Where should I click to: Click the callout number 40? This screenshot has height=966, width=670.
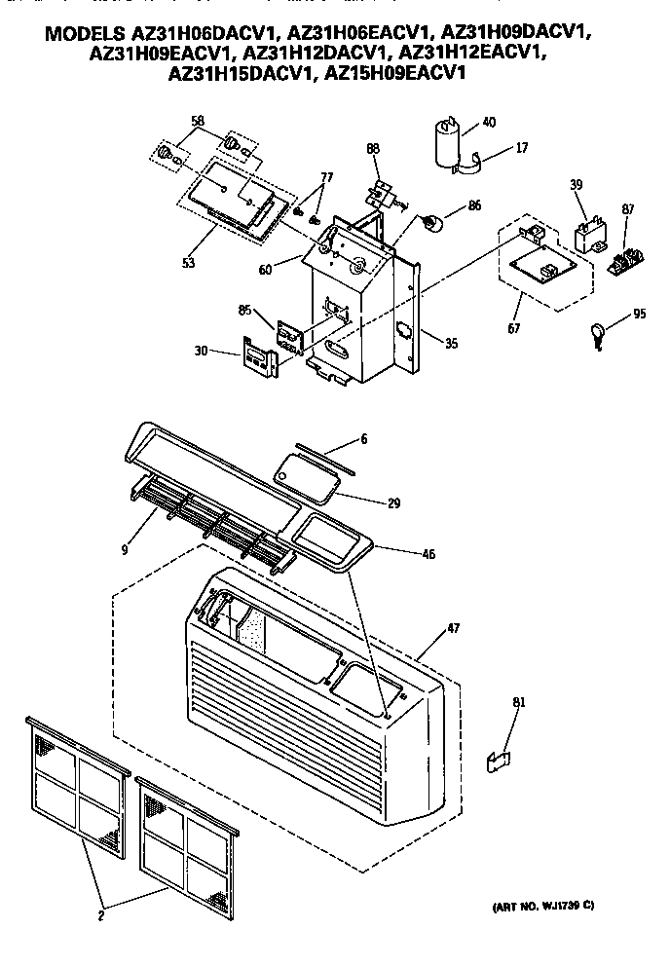pos(489,122)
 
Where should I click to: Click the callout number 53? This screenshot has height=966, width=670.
pos(188,262)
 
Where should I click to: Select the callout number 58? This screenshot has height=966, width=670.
pos(198,120)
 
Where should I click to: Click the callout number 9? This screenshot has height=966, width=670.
pos(125,548)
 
